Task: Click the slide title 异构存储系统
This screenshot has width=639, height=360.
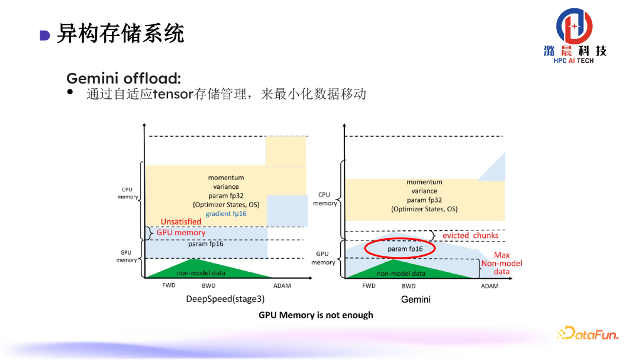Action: tap(120, 34)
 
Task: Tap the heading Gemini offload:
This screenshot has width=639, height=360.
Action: tap(124, 78)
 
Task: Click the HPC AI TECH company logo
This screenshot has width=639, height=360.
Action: tap(575, 36)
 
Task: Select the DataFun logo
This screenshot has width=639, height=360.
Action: tap(588, 334)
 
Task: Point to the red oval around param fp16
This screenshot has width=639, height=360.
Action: tap(400, 249)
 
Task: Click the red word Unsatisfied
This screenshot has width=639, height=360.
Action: tap(181, 221)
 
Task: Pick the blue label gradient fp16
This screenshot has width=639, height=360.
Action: tap(226, 213)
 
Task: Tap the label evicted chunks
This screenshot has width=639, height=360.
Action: tap(470, 235)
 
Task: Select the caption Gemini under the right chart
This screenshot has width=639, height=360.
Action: tap(416, 299)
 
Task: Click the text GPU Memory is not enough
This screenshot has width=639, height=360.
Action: tap(316, 315)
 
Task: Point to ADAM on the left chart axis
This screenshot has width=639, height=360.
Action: tap(282, 286)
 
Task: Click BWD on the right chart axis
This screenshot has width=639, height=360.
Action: tap(408, 286)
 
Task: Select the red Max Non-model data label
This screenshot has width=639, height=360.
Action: tap(502, 263)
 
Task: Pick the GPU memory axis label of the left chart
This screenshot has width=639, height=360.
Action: tap(127, 256)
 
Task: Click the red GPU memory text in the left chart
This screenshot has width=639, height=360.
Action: tap(181, 233)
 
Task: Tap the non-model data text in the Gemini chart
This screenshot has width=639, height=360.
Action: tap(401, 274)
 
